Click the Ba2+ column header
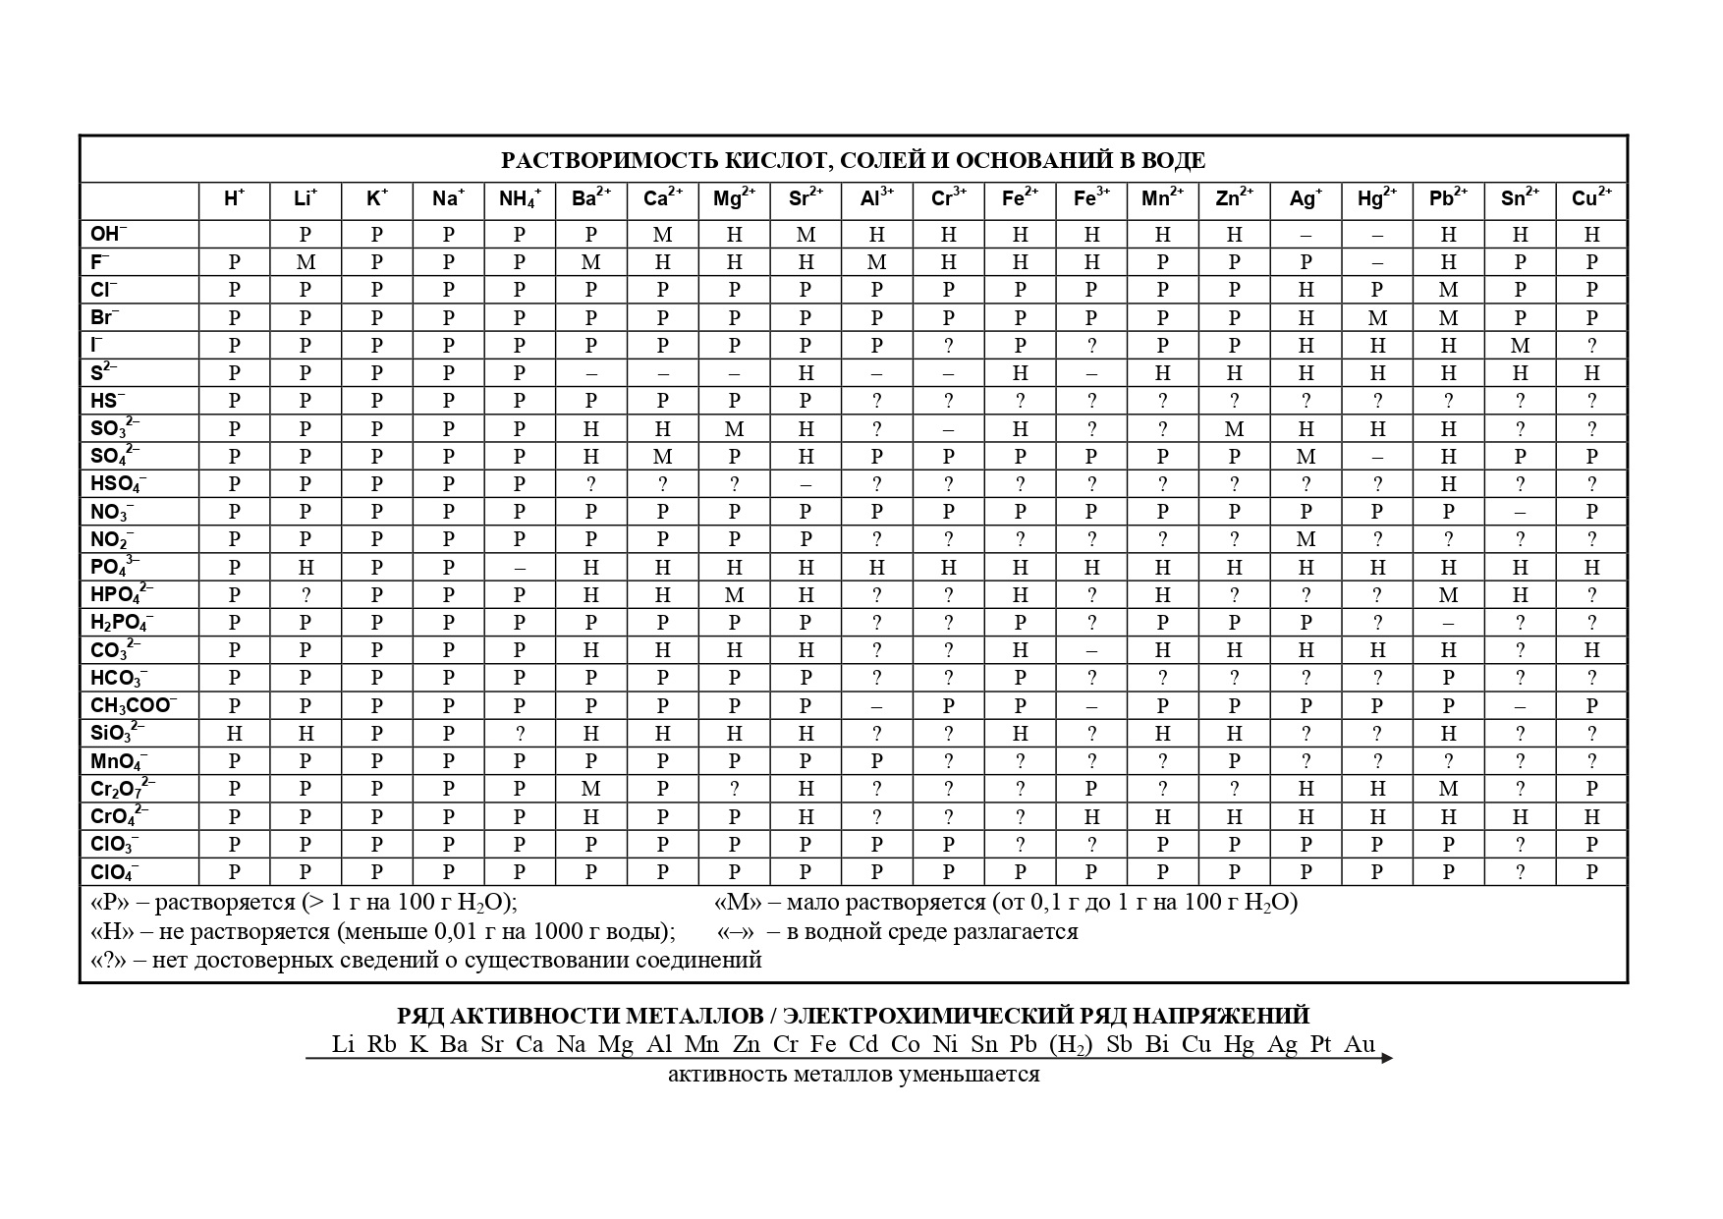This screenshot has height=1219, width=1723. [x=591, y=199]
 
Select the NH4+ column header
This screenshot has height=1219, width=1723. [x=520, y=199]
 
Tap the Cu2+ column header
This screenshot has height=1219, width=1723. [x=1591, y=199]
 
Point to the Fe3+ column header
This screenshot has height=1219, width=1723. [x=1091, y=199]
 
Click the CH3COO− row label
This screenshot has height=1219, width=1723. [x=134, y=705]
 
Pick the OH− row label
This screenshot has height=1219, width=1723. [x=109, y=234]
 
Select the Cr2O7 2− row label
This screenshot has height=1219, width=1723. [x=123, y=789]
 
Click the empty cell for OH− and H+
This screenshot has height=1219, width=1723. [x=234, y=234]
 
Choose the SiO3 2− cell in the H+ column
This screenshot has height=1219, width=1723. [x=234, y=734]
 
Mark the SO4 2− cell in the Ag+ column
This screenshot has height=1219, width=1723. [x=1306, y=457]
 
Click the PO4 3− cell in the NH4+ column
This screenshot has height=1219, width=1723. [x=520, y=568]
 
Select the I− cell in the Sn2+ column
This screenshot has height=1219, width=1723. [x=1520, y=346]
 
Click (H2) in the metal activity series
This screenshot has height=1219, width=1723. [x=1070, y=1045]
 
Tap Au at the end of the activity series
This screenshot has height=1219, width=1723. [x=1360, y=1044]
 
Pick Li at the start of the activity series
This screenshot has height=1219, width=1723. [x=343, y=1044]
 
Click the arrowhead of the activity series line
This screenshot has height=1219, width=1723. [x=1387, y=1058]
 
